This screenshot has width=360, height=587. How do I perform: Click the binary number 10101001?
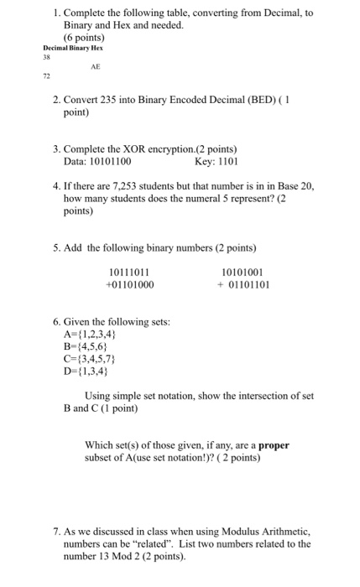[x=241, y=271]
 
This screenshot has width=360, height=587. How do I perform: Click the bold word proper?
[x=273, y=445]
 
